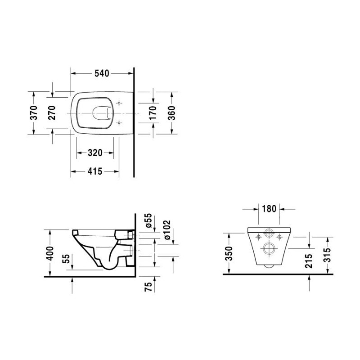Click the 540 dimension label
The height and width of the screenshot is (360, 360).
[x=102, y=73]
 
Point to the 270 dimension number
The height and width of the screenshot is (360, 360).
[x=52, y=113]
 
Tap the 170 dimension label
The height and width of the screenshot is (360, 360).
[x=153, y=113]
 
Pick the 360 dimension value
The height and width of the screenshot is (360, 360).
[x=171, y=113]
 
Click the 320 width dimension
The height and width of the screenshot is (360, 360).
[x=95, y=153]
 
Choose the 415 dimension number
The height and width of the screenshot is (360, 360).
[x=95, y=171]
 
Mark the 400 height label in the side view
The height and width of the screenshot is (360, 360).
[x=50, y=253]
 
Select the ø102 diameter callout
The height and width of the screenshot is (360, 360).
[x=167, y=230]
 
